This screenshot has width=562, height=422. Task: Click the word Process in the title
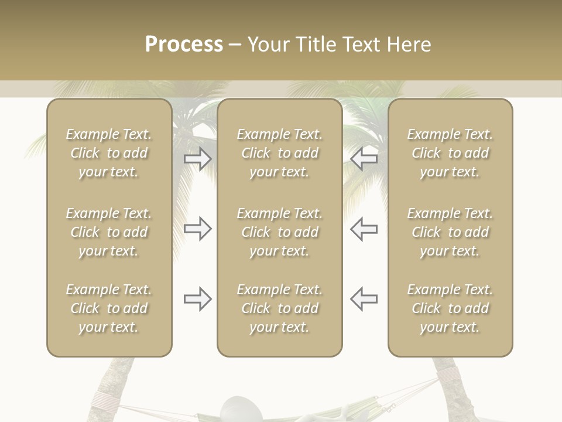184,45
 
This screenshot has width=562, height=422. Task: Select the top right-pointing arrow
198,159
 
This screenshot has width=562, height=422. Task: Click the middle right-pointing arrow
198,229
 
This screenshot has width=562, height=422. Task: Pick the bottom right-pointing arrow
198,299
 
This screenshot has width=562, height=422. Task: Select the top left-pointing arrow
364,159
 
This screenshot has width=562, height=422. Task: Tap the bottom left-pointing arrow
364,299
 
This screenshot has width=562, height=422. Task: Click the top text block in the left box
109,153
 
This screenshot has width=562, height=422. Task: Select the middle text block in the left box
109,232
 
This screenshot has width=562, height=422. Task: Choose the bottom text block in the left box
109,308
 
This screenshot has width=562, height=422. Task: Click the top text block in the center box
279,153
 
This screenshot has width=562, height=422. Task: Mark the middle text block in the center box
279,232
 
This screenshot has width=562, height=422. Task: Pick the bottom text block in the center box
279,308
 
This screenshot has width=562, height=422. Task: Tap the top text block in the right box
450,153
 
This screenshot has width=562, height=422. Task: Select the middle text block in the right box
450,232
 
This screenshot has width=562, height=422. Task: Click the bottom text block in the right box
450,308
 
